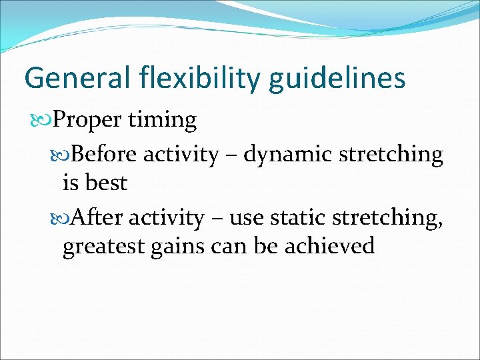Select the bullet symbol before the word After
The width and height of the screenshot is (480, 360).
(63, 218)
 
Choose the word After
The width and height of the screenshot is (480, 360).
(98, 218)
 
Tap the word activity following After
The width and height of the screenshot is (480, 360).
(167, 219)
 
